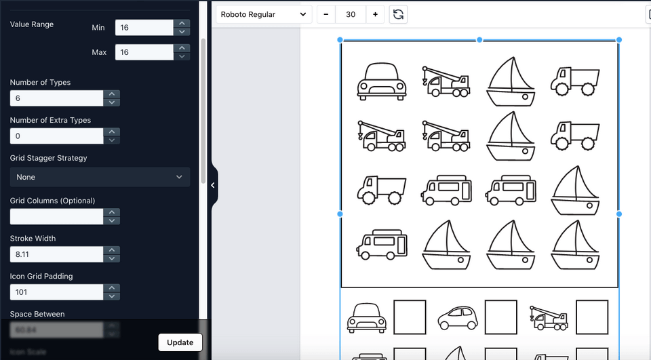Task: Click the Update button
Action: [x=180, y=342]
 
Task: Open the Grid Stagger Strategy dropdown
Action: [x=100, y=177]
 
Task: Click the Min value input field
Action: [x=144, y=27]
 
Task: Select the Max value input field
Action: [x=144, y=52]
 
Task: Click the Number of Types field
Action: [x=57, y=98]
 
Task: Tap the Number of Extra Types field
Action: [x=57, y=136]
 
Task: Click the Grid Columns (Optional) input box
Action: [x=57, y=216]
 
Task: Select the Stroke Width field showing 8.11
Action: [x=57, y=254]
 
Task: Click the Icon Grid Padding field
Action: [x=57, y=292]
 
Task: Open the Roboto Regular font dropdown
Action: [x=264, y=14]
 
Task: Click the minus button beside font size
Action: [x=326, y=14]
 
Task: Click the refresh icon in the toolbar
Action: [x=399, y=14]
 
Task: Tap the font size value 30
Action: [x=351, y=14]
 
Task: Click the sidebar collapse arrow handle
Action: [x=213, y=185]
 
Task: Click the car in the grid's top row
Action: [x=381, y=81]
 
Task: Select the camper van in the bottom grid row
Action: [x=381, y=244]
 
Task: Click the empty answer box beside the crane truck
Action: [x=592, y=317]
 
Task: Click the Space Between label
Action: [x=37, y=315]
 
